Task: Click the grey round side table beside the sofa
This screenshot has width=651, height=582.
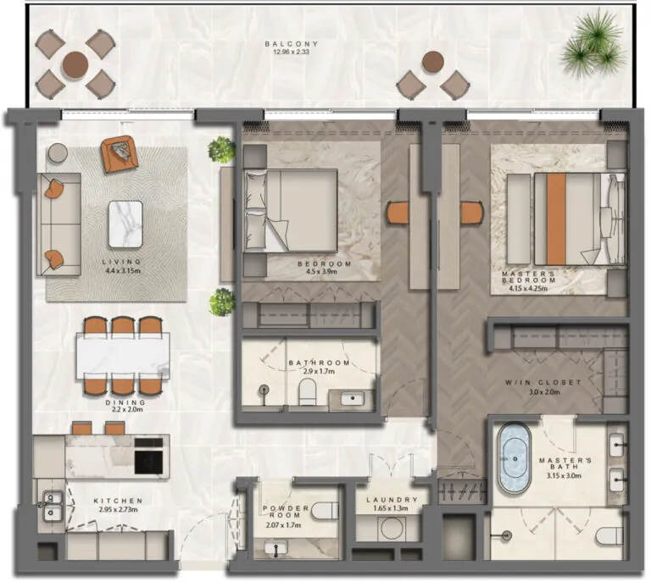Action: click(x=57, y=153)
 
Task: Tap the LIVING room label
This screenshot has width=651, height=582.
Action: click(x=123, y=262)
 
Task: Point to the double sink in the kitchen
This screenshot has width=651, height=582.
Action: click(x=49, y=505)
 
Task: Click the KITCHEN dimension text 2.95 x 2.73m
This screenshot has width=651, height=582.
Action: click(x=118, y=511)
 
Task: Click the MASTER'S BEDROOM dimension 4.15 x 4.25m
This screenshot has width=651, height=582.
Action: click(x=528, y=289)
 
